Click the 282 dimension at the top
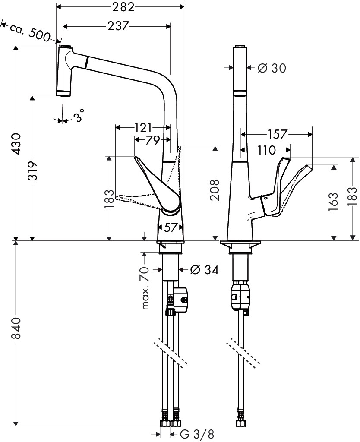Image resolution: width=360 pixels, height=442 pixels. pos(120,7)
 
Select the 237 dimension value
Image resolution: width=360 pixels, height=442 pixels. pos(117,27)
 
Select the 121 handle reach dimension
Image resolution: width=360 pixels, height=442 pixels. pos(143,128)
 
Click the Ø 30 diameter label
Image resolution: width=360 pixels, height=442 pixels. pos(272,68)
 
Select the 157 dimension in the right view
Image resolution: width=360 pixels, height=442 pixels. pos(277,135)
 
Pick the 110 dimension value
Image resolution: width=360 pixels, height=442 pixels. pos(266,151)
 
